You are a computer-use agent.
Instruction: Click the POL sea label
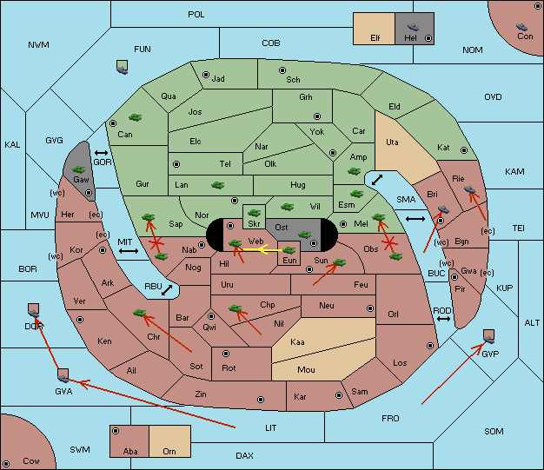196,15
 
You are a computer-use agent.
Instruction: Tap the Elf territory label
375,38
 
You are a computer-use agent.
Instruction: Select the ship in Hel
413,27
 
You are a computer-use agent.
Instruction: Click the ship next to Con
521,27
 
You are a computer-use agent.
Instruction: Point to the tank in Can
135,117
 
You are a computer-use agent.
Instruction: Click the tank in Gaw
79,169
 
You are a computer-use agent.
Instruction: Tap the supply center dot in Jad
206,75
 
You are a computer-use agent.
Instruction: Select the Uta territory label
392,142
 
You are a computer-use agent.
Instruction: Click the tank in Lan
217,185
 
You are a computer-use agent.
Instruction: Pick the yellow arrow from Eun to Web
262,249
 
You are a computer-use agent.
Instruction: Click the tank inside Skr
254,212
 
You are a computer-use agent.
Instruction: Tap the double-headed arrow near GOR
102,153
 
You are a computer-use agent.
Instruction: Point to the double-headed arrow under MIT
129,251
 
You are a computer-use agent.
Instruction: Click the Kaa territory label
297,342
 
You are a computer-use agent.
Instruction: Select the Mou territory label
306,370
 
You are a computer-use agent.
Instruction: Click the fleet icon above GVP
489,336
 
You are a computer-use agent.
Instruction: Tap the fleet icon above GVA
63,375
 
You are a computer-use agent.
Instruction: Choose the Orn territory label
169,451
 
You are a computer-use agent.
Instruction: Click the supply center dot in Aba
116,431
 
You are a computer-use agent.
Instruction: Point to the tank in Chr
139,313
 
